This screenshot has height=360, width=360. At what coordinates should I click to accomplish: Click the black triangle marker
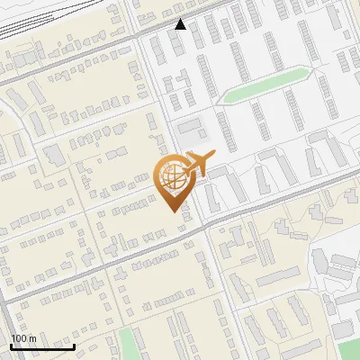181,24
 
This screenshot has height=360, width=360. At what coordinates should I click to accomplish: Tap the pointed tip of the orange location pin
172,211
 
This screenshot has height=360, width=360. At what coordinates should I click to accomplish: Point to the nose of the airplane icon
215,157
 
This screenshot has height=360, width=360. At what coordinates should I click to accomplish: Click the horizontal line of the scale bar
42,346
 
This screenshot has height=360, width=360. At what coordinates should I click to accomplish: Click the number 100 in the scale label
19,338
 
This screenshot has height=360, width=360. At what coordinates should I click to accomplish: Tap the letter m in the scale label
32,338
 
